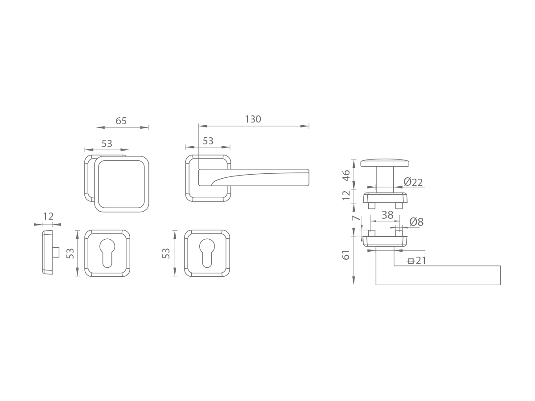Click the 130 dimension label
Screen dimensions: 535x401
tap(253, 119)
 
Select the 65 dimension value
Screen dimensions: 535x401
tap(121, 121)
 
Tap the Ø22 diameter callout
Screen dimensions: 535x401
tap(413, 182)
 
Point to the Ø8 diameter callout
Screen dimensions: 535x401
tap(416, 222)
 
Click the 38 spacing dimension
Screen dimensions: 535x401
tap(387, 215)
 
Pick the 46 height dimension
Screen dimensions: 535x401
tap(346, 176)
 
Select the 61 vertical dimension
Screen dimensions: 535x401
tap(346, 255)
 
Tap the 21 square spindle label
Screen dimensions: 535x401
tap(421, 261)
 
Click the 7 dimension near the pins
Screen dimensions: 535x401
tap(356, 217)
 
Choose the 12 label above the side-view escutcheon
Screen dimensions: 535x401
tap(48, 216)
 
